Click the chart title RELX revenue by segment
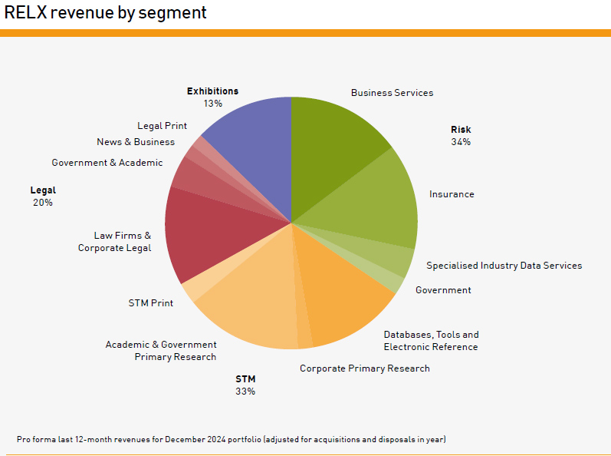[105, 12]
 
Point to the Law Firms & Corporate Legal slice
[203, 230]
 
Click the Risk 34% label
[461, 136]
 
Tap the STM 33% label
[245, 385]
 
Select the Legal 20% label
[43, 197]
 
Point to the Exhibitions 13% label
[212, 97]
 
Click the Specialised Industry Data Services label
[504, 266]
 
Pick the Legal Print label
[162, 126]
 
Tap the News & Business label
[136, 142]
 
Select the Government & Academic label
[107, 163]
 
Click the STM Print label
[150, 303]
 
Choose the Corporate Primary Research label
[364, 368]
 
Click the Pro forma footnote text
[231, 439]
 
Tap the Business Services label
[392, 93]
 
